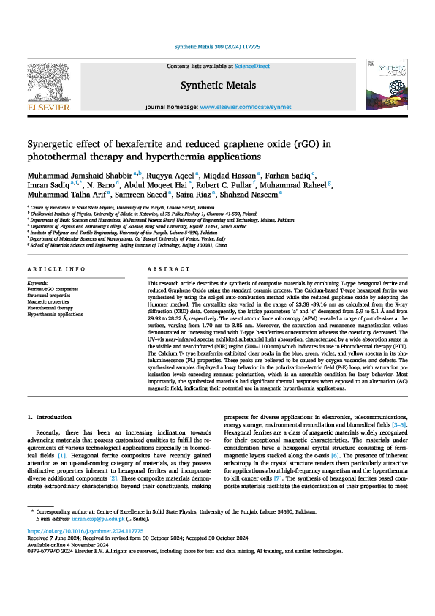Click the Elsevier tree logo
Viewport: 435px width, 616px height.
(x=49, y=84)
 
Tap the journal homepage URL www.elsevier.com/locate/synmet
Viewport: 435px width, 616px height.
(x=250, y=107)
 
